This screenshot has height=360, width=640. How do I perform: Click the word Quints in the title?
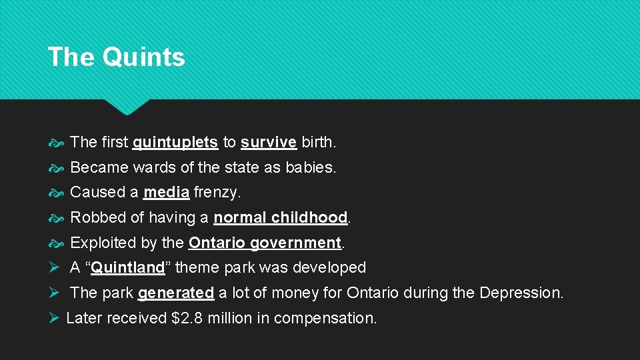tap(143, 57)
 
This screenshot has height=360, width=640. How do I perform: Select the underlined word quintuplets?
tap(175, 142)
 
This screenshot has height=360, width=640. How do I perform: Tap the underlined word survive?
tap(269, 142)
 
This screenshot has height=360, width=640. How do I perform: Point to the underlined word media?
tap(167, 193)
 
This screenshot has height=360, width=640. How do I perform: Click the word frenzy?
tap(217, 193)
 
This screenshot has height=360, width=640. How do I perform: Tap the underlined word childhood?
tap(309, 217)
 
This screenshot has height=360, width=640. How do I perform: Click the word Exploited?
tap(101, 243)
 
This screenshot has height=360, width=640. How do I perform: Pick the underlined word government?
tap(295, 243)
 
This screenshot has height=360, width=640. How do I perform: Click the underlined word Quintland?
tap(128, 268)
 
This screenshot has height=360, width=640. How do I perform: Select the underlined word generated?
tap(176, 293)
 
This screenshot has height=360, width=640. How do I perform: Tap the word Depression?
tap(521, 293)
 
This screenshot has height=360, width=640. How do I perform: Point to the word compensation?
tap(325, 318)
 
